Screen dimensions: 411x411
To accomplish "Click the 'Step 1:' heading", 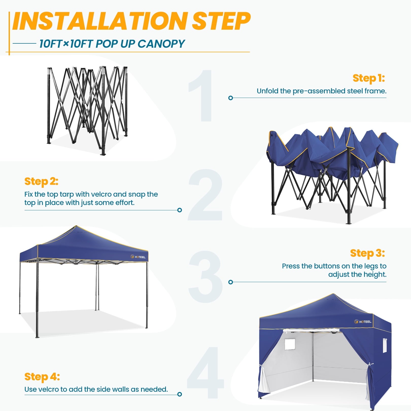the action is [369, 78].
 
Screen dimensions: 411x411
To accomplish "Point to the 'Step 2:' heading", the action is [41, 181].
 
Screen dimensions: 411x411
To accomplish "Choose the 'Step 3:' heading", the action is [368, 253].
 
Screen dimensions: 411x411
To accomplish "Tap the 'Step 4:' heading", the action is [42, 377].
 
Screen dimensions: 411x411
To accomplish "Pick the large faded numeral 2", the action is [205, 195].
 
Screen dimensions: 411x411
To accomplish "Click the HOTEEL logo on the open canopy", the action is [138, 257].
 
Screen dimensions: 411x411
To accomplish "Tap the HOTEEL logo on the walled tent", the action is [363, 322].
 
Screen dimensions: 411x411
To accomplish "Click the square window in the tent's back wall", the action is [290, 344].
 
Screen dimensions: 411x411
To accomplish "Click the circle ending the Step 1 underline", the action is [231, 98].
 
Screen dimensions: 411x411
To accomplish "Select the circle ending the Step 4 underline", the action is [180, 394].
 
